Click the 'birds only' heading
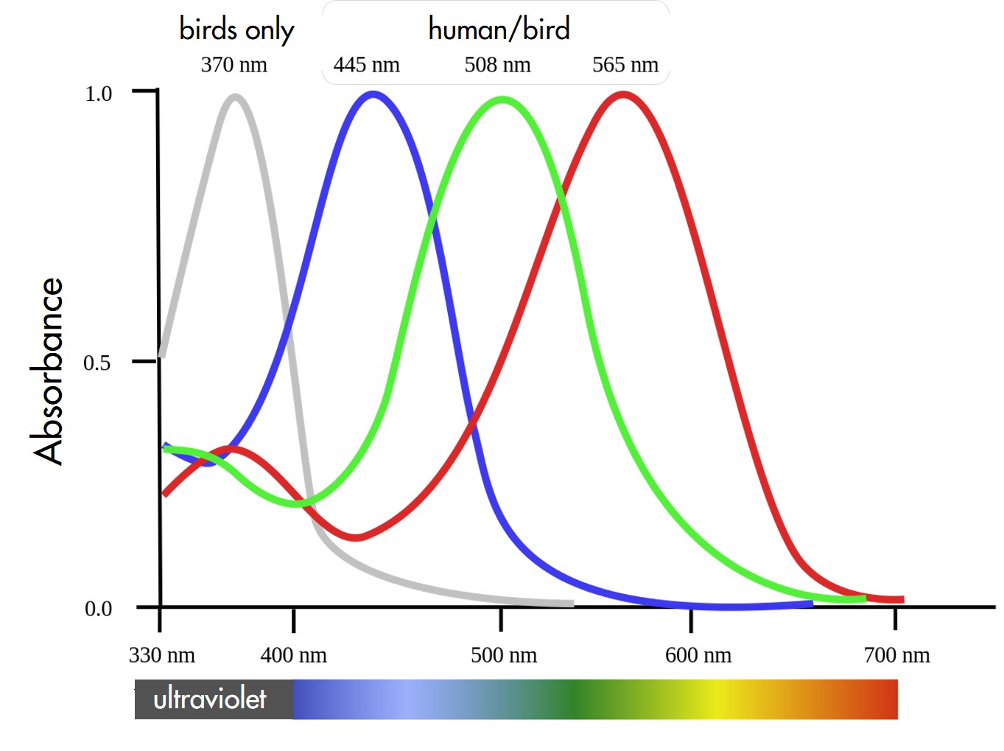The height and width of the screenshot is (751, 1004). click(x=236, y=29)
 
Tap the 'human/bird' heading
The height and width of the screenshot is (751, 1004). click(x=499, y=29)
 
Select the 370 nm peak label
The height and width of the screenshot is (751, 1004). click(x=234, y=65)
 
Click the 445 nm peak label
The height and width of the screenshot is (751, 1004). click(x=366, y=65)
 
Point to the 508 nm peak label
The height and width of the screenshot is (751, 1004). click(x=497, y=65)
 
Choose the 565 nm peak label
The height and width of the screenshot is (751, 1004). click(x=625, y=65)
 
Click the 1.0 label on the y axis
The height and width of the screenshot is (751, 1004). click(x=99, y=94)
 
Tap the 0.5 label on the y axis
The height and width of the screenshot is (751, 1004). click(x=97, y=363)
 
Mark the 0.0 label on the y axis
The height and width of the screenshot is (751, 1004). click(x=99, y=609)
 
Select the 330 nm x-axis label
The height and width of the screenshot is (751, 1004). click(x=162, y=655)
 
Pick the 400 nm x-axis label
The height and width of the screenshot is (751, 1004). click(x=293, y=655)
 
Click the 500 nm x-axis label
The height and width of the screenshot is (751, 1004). click(x=504, y=655)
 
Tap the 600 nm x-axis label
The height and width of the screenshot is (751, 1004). click(x=698, y=655)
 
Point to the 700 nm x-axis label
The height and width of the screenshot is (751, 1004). click(x=896, y=655)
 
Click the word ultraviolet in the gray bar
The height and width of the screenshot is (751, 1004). click(x=210, y=699)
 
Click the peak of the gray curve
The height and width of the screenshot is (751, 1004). click(x=236, y=97)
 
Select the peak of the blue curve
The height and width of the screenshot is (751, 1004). click(x=373, y=94)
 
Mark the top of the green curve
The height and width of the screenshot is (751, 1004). click(x=502, y=99)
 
